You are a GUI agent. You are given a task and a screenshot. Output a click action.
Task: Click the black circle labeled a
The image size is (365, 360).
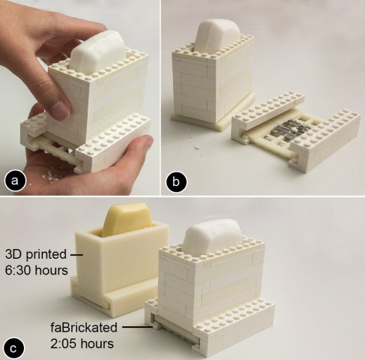(x=14, y=181)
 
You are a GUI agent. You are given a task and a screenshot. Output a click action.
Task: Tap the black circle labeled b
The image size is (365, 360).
(x=176, y=181)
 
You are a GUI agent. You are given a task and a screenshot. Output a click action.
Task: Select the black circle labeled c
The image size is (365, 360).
(x=13, y=349)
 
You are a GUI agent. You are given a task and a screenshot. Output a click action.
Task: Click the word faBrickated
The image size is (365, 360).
(x=84, y=327)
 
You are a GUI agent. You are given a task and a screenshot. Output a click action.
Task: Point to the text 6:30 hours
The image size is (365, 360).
(x=37, y=270)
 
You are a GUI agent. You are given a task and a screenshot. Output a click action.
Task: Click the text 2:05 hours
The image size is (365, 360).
(x=82, y=343)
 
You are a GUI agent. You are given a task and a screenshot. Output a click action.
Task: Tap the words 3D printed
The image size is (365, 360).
(x=36, y=254)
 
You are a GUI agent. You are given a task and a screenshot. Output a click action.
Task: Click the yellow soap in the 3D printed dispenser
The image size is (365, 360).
(x=124, y=220)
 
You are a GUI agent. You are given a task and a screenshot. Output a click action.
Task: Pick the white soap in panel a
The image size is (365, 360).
(x=97, y=52)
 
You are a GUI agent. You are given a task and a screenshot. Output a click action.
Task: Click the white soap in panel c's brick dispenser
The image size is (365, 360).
(x=211, y=237)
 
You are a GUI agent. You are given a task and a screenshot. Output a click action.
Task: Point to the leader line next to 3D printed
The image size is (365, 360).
(x=76, y=255)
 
